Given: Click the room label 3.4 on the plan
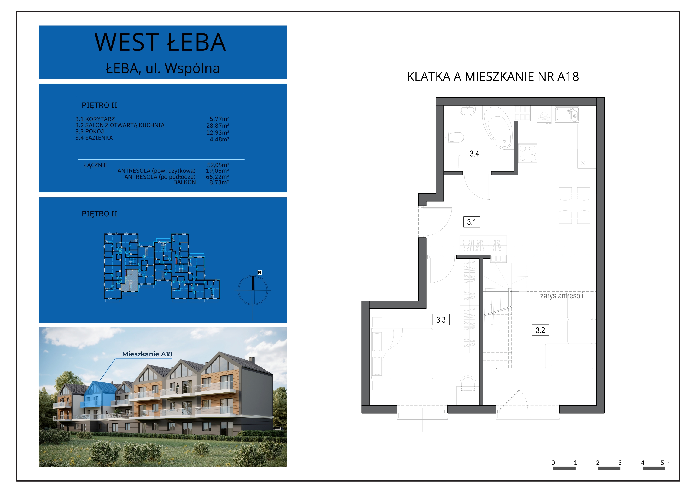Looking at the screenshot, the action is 474,153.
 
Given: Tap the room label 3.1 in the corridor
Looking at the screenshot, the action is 471,222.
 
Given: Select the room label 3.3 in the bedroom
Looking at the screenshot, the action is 441,320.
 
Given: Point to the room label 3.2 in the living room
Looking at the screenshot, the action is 540,330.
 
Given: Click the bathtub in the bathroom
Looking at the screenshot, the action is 498,128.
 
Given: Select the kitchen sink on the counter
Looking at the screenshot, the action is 567,114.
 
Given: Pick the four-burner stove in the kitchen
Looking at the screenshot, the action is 527,153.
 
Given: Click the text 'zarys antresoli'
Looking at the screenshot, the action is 561,296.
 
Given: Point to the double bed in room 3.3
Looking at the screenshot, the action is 402,354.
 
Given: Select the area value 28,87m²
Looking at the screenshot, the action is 218,126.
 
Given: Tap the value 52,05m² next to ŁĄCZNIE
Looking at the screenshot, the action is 218,165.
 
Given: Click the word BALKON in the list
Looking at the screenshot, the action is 184,182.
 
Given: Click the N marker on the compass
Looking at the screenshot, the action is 260,272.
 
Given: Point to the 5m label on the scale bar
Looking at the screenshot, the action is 665,463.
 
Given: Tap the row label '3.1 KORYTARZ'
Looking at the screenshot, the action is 95,119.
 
